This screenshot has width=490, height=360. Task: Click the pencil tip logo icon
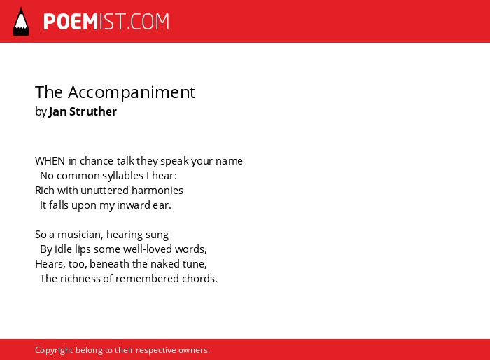(x=21, y=22)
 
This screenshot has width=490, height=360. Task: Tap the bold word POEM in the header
(x=71, y=22)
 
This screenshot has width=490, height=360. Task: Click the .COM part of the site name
(x=148, y=22)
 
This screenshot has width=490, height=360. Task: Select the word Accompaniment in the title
(x=132, y=92)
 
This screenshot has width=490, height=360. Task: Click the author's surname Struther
(x=93, y=111)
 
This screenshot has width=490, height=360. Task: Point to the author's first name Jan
(x=57, y=112)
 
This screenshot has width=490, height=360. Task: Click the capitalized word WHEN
(x=50, y=161)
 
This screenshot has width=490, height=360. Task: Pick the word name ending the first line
(x=229, y=161)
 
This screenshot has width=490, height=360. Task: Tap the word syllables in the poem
(x=122, y=176)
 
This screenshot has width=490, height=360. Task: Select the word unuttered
(x=104, y=191)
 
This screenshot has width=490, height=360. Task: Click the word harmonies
(x=157, y=191)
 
